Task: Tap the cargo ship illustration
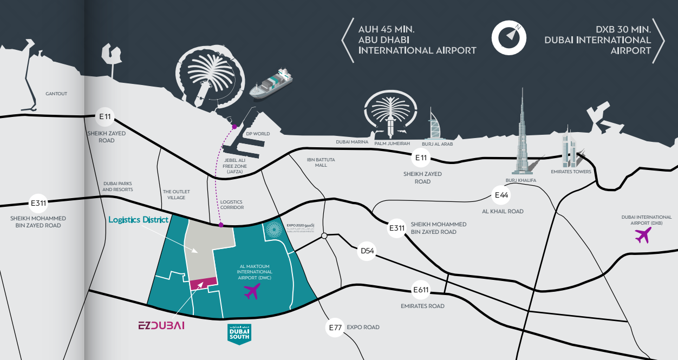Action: pos(271,84)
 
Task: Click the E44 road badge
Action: pos(501,195)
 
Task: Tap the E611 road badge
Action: pos(421,290)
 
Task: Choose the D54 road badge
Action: pos(368,251)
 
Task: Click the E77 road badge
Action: pos(335,328)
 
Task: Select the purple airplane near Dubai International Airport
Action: pos(643,235)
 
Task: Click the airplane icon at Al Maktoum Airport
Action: pos(252,291)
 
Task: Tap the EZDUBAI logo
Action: pos(161,325)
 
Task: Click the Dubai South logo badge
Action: pos(238,333)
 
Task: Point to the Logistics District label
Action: pos(139,220)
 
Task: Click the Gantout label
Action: pos(56,94)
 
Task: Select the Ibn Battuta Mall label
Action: pos(321,162)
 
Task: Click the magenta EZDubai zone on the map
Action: pos(203,283)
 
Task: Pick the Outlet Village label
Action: pos(177,194)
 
